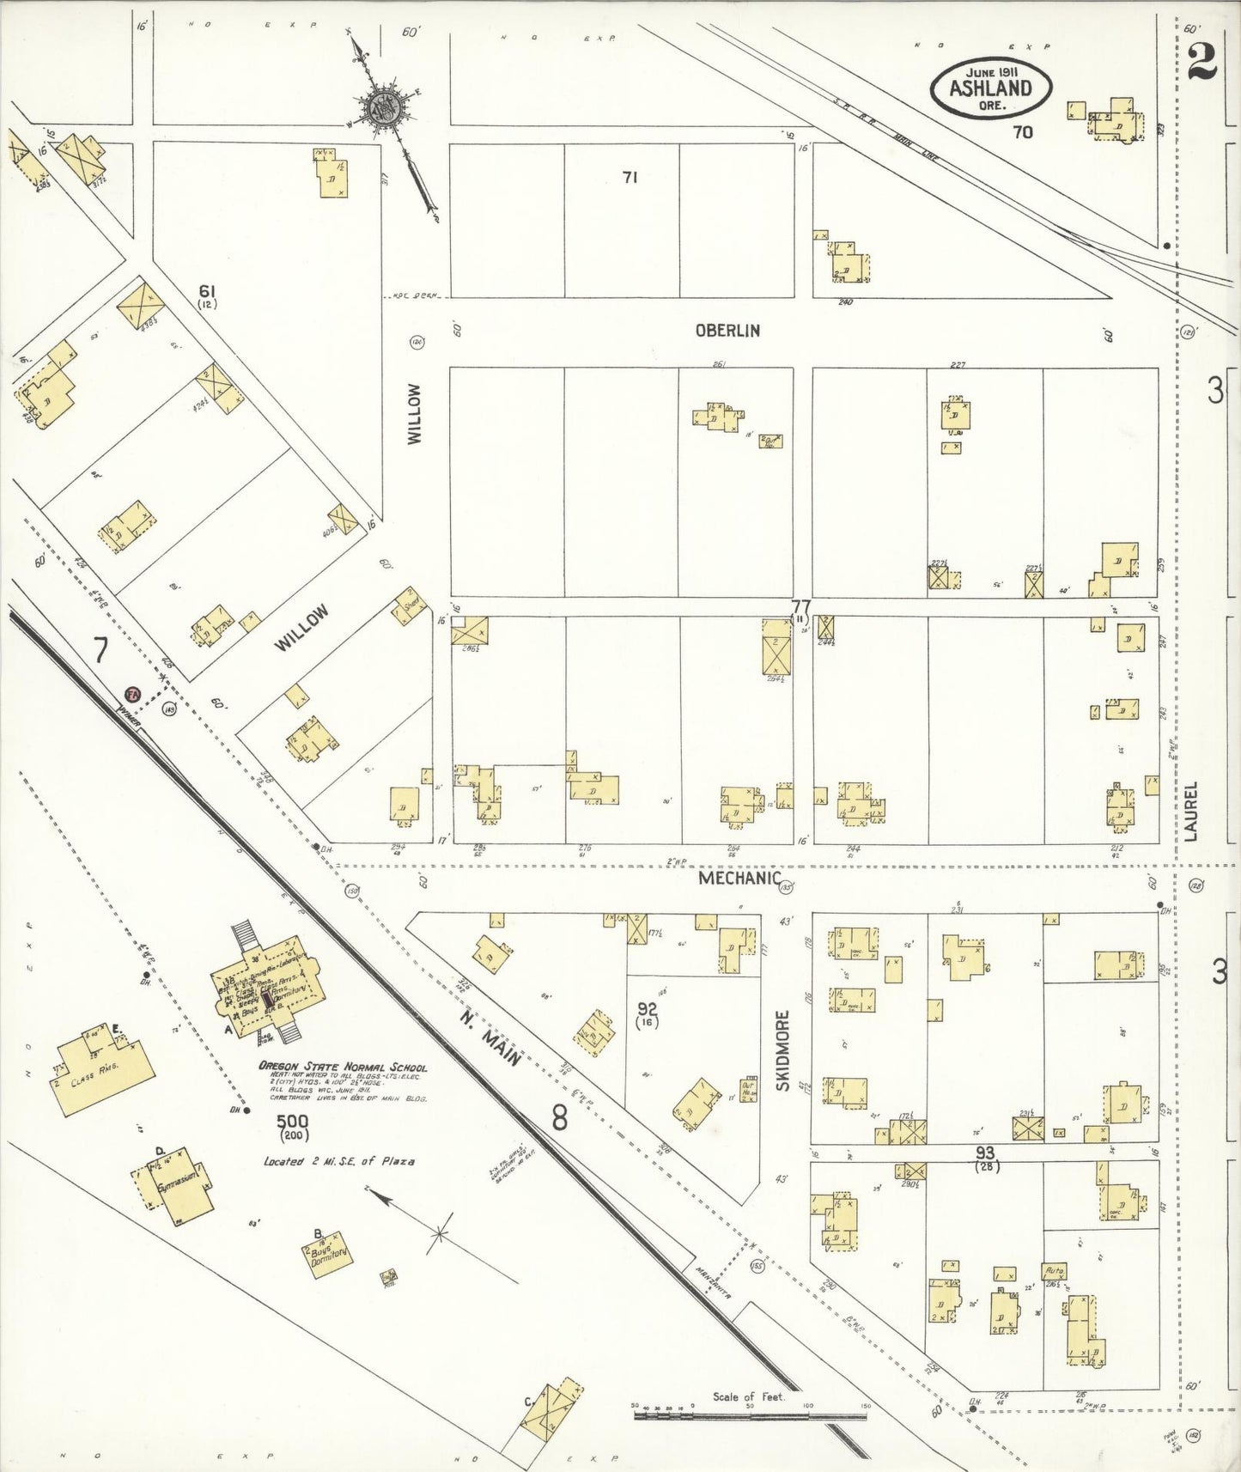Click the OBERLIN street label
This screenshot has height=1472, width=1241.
[727, 331]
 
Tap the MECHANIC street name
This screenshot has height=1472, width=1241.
[739, 879]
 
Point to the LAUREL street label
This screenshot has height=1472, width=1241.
[1191, 810]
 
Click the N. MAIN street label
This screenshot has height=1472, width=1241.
[490, 1038]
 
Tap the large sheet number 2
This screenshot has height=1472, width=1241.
[1201, 60]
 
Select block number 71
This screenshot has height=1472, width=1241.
[630, 178]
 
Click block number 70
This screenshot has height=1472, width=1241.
[1022, 132]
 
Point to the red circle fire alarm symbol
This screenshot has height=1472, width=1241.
[132, 694]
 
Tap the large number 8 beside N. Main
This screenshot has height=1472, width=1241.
[560, 1118]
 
